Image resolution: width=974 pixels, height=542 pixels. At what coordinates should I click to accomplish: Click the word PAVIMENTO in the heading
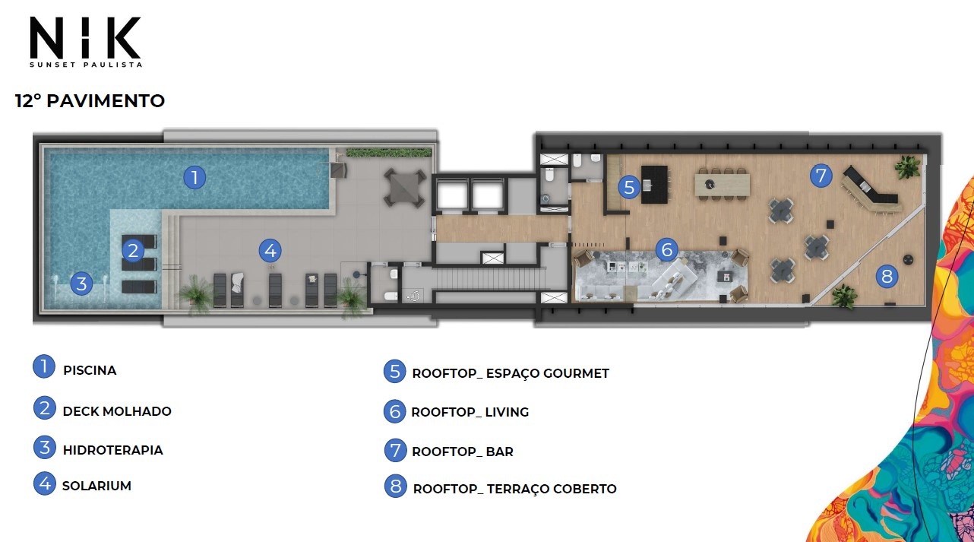(x=106, y=101)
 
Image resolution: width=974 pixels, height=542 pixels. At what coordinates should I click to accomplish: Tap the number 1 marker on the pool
(x=194, y=177)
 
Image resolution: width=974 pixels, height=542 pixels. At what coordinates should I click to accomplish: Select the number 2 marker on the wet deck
(x=133, y=251)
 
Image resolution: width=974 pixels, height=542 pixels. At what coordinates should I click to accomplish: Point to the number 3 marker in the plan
(x=81, y=284)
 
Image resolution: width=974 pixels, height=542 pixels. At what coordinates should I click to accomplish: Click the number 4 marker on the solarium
(x=270, y=251)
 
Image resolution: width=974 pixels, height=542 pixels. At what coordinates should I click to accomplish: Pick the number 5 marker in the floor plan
(x=629, y=188)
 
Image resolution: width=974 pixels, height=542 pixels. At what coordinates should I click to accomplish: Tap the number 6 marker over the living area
(x=666, y=249)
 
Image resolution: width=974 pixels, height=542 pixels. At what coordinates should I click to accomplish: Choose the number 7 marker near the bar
(x=821, y=176)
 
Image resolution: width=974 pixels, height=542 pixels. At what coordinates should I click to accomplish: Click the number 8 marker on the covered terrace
(x=887, y=276)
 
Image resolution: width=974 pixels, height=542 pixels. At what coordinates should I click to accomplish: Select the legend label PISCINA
(x=90, y=371)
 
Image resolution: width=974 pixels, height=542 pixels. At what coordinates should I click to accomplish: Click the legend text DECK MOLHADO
(x=117, y=411)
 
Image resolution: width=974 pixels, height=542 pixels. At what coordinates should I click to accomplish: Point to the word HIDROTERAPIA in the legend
(x=113, y=450)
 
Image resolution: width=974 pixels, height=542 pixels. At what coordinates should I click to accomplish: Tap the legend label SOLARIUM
(x=96, y=486)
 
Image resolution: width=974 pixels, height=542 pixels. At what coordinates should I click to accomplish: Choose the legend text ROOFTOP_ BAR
(x=463, y=452)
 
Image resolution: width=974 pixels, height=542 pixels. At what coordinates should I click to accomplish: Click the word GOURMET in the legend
(x=576, y=373)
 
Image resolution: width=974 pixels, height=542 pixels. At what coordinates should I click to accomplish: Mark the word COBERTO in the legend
(x=585, y=489)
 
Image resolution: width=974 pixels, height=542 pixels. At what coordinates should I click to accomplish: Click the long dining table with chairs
(x=723, y=185)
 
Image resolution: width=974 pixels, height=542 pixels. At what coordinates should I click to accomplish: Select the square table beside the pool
(x=404, y=189)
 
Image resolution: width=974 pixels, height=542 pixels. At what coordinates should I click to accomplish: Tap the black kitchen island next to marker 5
(x=654, y=185)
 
